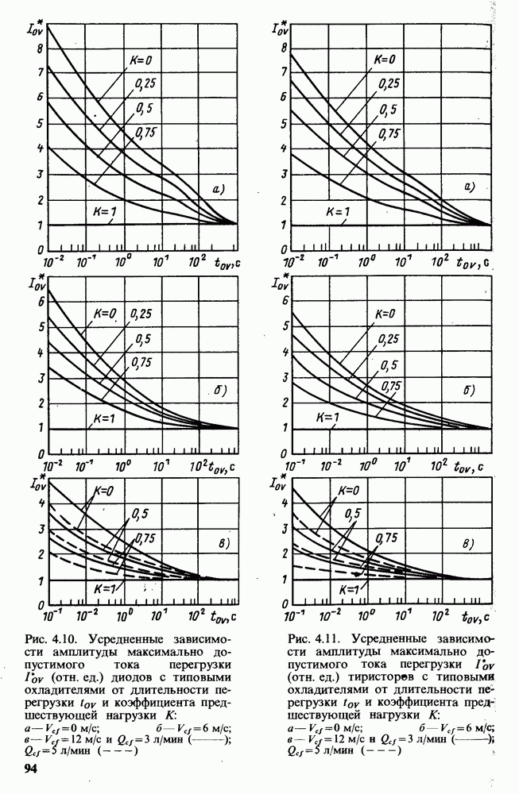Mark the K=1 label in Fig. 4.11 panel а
pos(330,213)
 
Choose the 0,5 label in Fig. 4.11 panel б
pos(388,365)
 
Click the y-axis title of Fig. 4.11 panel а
pos(280,28)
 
